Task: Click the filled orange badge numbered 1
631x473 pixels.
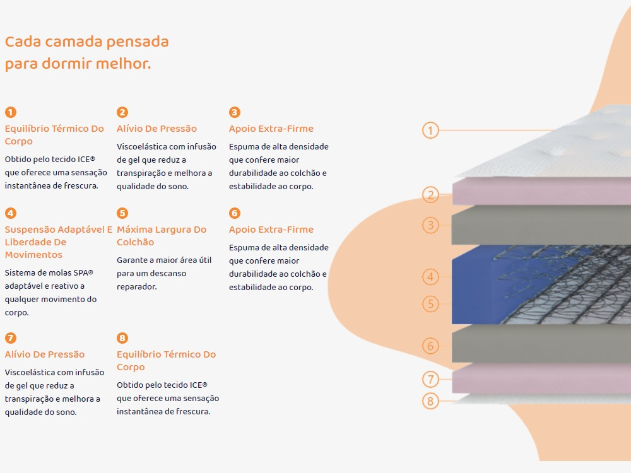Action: point(11,112)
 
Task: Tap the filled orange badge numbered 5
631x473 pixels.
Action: point(122,213)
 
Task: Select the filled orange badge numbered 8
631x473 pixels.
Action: point(122,338)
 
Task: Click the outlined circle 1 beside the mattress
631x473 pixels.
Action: point(430,131)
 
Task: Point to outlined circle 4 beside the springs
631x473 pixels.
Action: point(430,277)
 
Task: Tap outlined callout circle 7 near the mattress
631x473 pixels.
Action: point(430,379)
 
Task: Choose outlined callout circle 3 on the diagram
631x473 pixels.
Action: point(430,225)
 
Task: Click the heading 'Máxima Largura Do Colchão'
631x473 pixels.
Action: point(162,236)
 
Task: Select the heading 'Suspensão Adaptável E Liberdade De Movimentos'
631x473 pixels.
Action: point(58,242)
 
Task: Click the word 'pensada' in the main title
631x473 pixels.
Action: point(137,42)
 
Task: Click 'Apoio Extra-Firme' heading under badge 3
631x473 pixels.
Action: point(271,129)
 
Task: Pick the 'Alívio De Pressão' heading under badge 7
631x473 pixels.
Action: point(45,354)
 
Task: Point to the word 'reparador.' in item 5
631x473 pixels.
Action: point(137,287)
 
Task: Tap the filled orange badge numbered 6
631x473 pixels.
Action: point(235,213)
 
